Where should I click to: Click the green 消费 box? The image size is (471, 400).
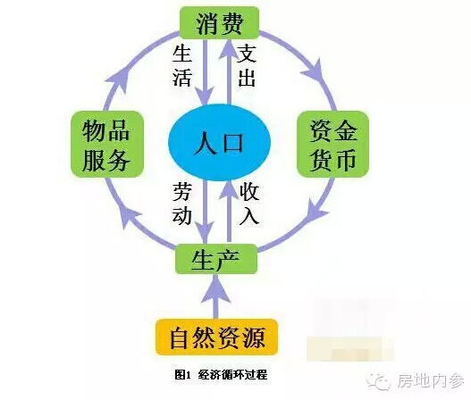click(219, 23)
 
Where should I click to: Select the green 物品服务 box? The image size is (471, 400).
click(107, 144)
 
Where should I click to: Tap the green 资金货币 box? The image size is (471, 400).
click(332, 144)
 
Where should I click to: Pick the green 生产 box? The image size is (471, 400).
click(216, 259)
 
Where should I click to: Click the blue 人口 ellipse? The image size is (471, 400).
click(219, 142)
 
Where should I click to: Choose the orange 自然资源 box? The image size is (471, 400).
click(216, 337)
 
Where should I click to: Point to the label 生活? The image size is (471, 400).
click(182, 66)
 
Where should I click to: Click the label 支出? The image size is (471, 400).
click(247, 66)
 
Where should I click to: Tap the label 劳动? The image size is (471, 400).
click(182, 204)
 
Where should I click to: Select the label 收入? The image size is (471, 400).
click(249, 204)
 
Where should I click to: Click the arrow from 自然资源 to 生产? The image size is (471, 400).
click(216, 296)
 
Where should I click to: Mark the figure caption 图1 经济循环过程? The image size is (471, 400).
click(221, 375)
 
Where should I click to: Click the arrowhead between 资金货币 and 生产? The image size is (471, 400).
click(315, 210)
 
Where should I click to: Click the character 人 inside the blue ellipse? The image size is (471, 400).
click(206, 143)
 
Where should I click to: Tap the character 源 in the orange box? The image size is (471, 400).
click(254, 337)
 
